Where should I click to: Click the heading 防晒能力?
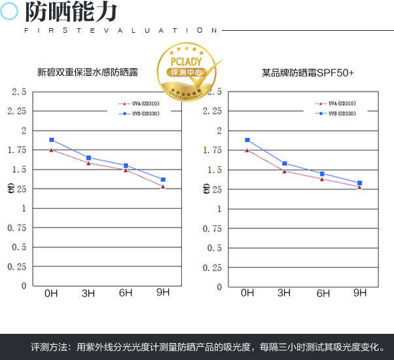(x=71, y=12)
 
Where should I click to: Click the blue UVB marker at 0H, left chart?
(x=51, y=140)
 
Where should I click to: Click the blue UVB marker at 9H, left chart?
(x=163, y=179)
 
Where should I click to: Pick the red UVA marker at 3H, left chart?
(x=88, y=163)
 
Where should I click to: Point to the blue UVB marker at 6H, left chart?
(x=126, y=166)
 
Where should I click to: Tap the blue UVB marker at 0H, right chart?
(x=247, y=140)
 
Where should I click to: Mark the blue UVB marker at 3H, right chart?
(x=285, y=163)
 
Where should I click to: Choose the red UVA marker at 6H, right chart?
(x=322, y=179)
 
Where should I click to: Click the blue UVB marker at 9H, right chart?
(x=359, y=183)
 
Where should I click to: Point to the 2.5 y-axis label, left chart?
(x=19, y=92)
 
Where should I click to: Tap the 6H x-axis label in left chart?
(x=126, y=294)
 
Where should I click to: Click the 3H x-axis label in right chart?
(x=285, y=293)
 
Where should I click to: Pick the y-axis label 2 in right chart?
(x=221, y=131)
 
